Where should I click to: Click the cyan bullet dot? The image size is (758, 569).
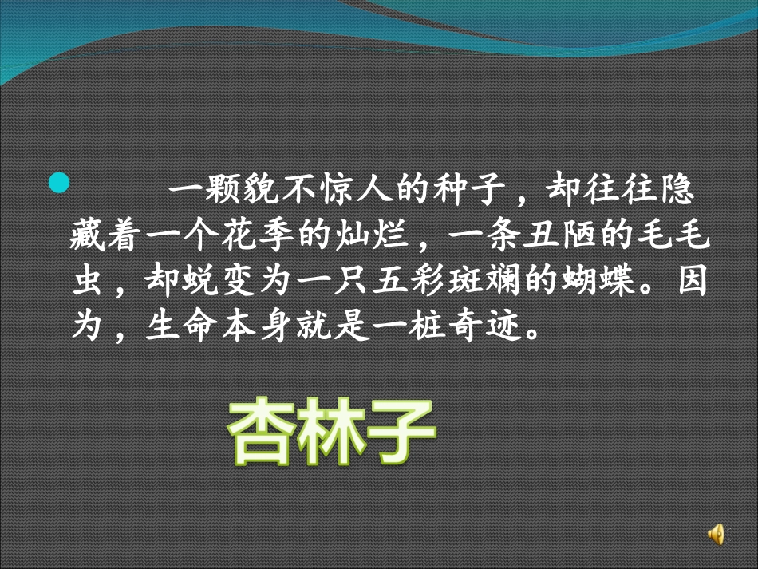click(x=58, y=184)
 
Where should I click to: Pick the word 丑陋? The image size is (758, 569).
click(x=567, y=237)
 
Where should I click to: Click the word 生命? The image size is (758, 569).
click(x=164, y=326)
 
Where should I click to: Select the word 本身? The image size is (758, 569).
click(x=237, y=326)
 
